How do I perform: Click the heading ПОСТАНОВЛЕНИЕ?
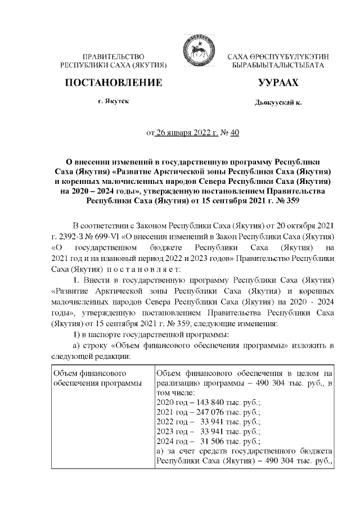114,83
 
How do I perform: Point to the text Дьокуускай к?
278,103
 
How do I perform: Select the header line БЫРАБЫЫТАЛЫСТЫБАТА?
278,66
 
